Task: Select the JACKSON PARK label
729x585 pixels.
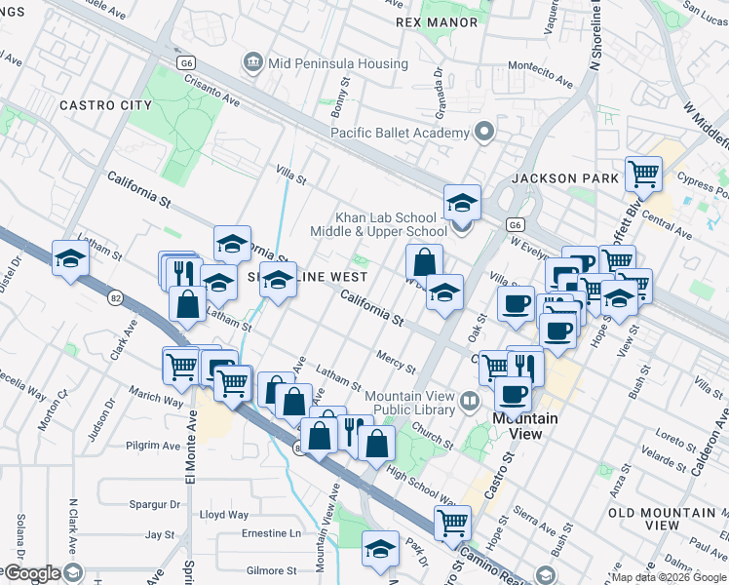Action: (x=565, y=178)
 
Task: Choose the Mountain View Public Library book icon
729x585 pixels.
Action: (x=471, y=402)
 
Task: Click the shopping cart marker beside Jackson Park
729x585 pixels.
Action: (x=642, y=175)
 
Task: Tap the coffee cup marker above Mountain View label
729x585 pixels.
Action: (x=513, y=394)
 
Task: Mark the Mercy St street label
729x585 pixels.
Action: (x=397, y=362)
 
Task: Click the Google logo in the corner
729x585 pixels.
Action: (x=31, y=573)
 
